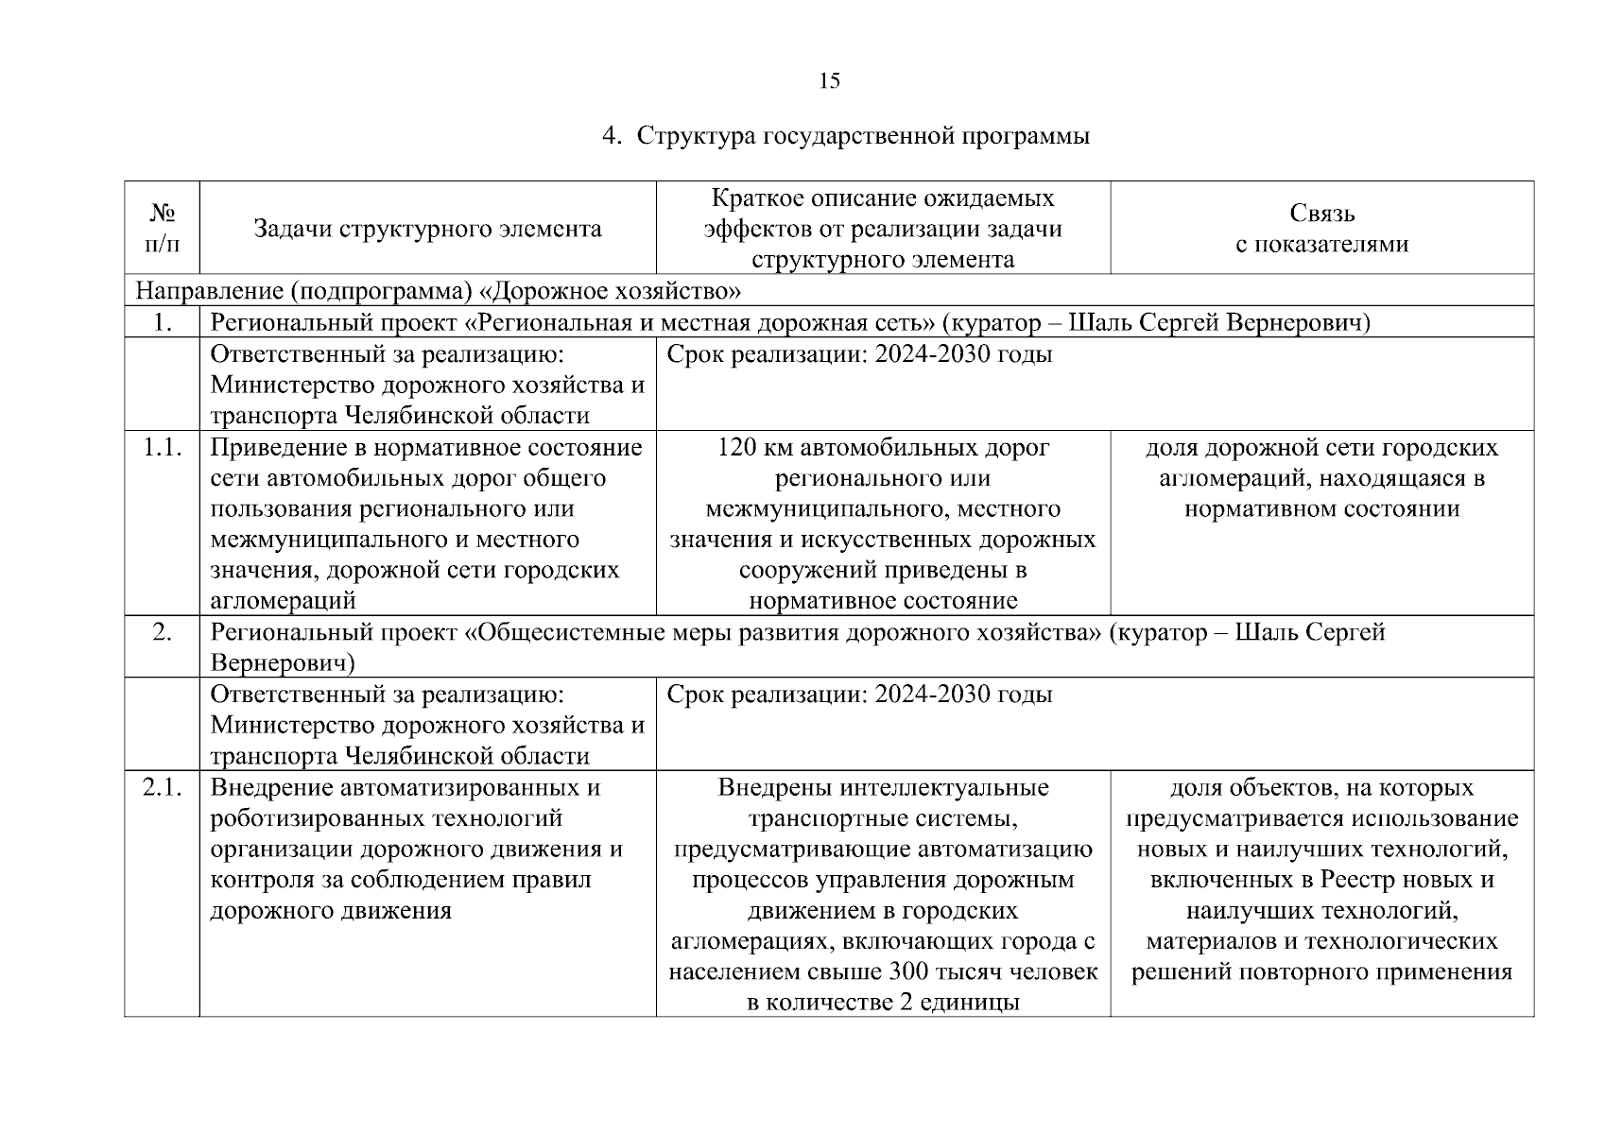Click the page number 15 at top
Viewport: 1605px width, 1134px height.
click(829, 80)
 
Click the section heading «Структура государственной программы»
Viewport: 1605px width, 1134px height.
click(863, 136)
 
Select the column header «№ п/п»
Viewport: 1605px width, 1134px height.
click(162, 229)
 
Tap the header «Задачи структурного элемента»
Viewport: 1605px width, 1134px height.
click(427, 229)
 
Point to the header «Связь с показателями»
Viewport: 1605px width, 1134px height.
click(1321, 229)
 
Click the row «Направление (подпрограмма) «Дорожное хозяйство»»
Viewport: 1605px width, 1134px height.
click(438, 290)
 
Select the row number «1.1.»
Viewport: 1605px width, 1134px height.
click(162, 448)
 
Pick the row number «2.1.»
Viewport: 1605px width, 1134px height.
click(162, 788)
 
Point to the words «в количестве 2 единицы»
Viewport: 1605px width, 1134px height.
click(882, 1003)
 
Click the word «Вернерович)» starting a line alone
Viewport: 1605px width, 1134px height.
click(282, 662)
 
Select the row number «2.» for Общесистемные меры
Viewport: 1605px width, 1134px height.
click(162, 632)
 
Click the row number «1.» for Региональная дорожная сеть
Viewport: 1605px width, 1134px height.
click(162, 323)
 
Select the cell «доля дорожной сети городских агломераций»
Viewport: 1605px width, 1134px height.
click(1321, 478)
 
